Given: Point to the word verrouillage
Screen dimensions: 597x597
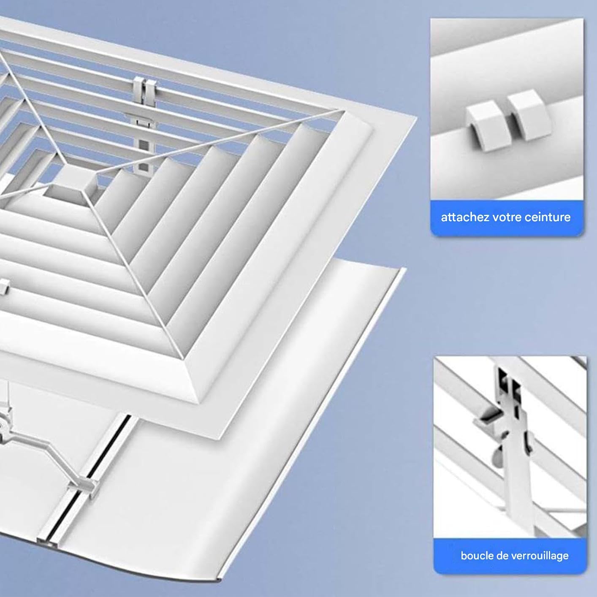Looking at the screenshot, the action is tap(540, 556).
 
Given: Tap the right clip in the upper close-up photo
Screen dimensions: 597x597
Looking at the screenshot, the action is tap(528, 114).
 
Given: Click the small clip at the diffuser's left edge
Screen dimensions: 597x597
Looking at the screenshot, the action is tap(4, 287).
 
